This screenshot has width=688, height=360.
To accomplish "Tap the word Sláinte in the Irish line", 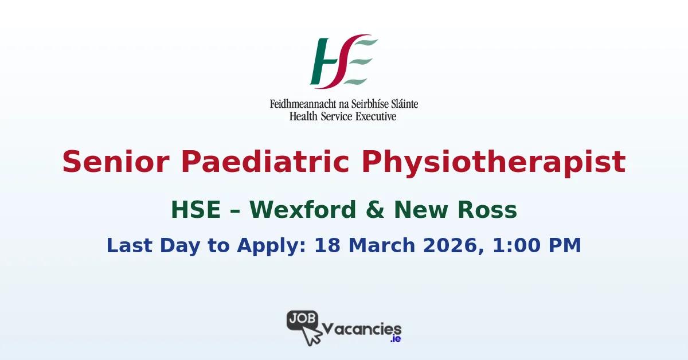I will pyautogui.click(x=402, y=104).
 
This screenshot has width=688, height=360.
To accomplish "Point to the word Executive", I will pyautogui.click(x=376, y=116).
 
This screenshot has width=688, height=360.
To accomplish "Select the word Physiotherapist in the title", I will pyautogui.click(x=494, y=162).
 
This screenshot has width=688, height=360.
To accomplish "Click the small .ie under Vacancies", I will pyautogui.click(x=394, y=340).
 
